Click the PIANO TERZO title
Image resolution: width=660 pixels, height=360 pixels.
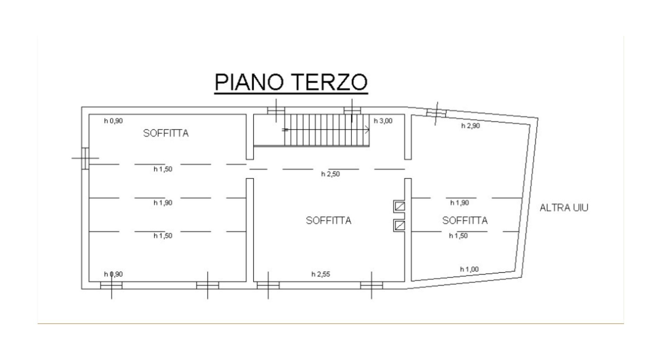point(291,82)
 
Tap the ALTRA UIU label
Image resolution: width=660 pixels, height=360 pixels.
point(564,208)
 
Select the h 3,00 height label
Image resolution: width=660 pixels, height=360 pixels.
point(383,121)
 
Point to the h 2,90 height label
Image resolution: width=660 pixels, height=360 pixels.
point(470,126)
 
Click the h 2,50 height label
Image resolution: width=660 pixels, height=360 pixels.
point(330,174)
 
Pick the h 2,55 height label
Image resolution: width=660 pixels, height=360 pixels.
point(321,274)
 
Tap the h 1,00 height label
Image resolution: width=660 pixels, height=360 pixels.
point(469,269)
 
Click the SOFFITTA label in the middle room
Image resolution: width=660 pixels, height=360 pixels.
point(329,220)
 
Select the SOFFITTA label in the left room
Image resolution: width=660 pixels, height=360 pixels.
point(166,133)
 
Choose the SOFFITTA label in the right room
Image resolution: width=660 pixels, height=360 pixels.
point(465,220)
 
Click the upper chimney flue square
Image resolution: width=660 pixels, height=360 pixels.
point(400,206)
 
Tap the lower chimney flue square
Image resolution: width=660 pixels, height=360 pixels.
point(400,225)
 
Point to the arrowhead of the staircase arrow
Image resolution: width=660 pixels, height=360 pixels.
point(367,130)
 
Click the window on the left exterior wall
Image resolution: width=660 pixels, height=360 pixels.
point(85,158)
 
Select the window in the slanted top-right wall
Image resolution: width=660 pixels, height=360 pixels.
point(436,112)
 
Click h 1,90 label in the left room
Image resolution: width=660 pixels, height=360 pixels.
point(163,203)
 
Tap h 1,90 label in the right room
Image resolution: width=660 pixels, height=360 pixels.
point(460,203)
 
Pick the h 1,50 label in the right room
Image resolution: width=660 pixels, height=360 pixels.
point(458,236)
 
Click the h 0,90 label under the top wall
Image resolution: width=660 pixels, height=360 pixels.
point(113,121)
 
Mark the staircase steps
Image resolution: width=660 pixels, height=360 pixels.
point(327,130)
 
